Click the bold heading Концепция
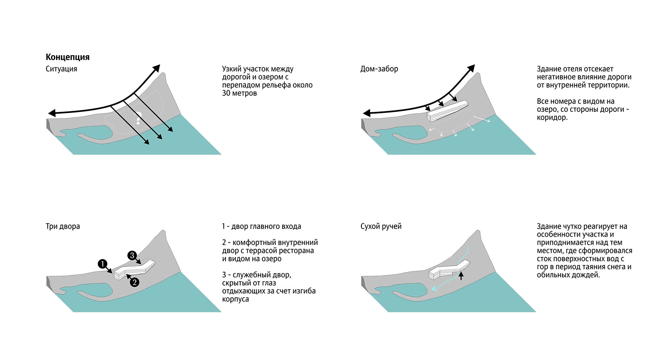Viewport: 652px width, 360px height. [x=67, y=57]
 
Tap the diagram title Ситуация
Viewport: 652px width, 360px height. [x=61, y=69]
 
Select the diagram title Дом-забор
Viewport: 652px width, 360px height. [x=379, y=69]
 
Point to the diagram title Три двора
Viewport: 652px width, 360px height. [x=63, y=226]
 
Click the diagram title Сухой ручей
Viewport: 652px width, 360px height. [x=381, y=226]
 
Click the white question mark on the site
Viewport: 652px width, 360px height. [x=138, y=118]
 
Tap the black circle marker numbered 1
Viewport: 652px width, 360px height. [x=102, y=264]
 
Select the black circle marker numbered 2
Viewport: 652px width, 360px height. [x=134, y=282]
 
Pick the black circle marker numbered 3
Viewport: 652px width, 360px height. [x=132, y=255]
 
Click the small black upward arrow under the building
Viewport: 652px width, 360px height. [x=461, y=276]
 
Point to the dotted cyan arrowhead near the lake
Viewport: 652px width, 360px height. [x=434, y=288]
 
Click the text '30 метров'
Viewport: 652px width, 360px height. [x=239, y=93]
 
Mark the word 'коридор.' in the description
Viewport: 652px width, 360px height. [x=552, y=117]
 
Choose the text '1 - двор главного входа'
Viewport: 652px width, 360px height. [x=261, y=226]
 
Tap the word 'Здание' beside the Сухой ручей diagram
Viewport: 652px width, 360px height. [x=548, y=226]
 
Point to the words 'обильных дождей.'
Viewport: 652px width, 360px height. [x=568, y=275]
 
